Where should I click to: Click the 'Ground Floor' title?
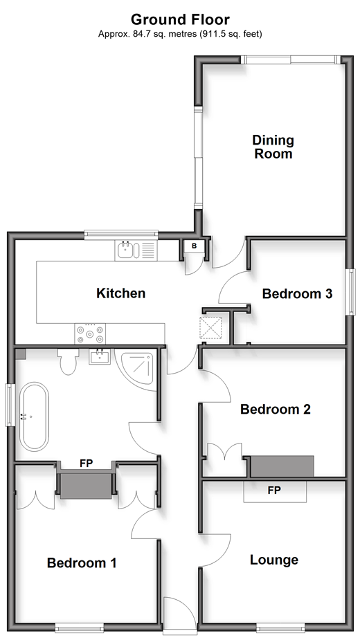(180, 19)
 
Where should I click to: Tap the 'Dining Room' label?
(273, 147)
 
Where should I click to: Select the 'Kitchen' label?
(121, 293)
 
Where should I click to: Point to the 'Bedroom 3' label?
(297, 293)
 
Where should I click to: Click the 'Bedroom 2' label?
(276, 409)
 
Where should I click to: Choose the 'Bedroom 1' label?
(82, 563)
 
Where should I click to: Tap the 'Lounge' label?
(274, 560)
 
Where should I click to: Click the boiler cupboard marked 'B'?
(194, 246)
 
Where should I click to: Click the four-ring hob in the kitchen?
(90, 333)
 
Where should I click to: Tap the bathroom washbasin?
(99, 356)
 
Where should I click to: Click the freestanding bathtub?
(35, 417)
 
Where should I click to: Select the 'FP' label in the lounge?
(275, 490)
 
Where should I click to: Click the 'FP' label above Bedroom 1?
(87, 464)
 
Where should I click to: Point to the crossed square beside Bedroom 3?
(210, 328)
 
